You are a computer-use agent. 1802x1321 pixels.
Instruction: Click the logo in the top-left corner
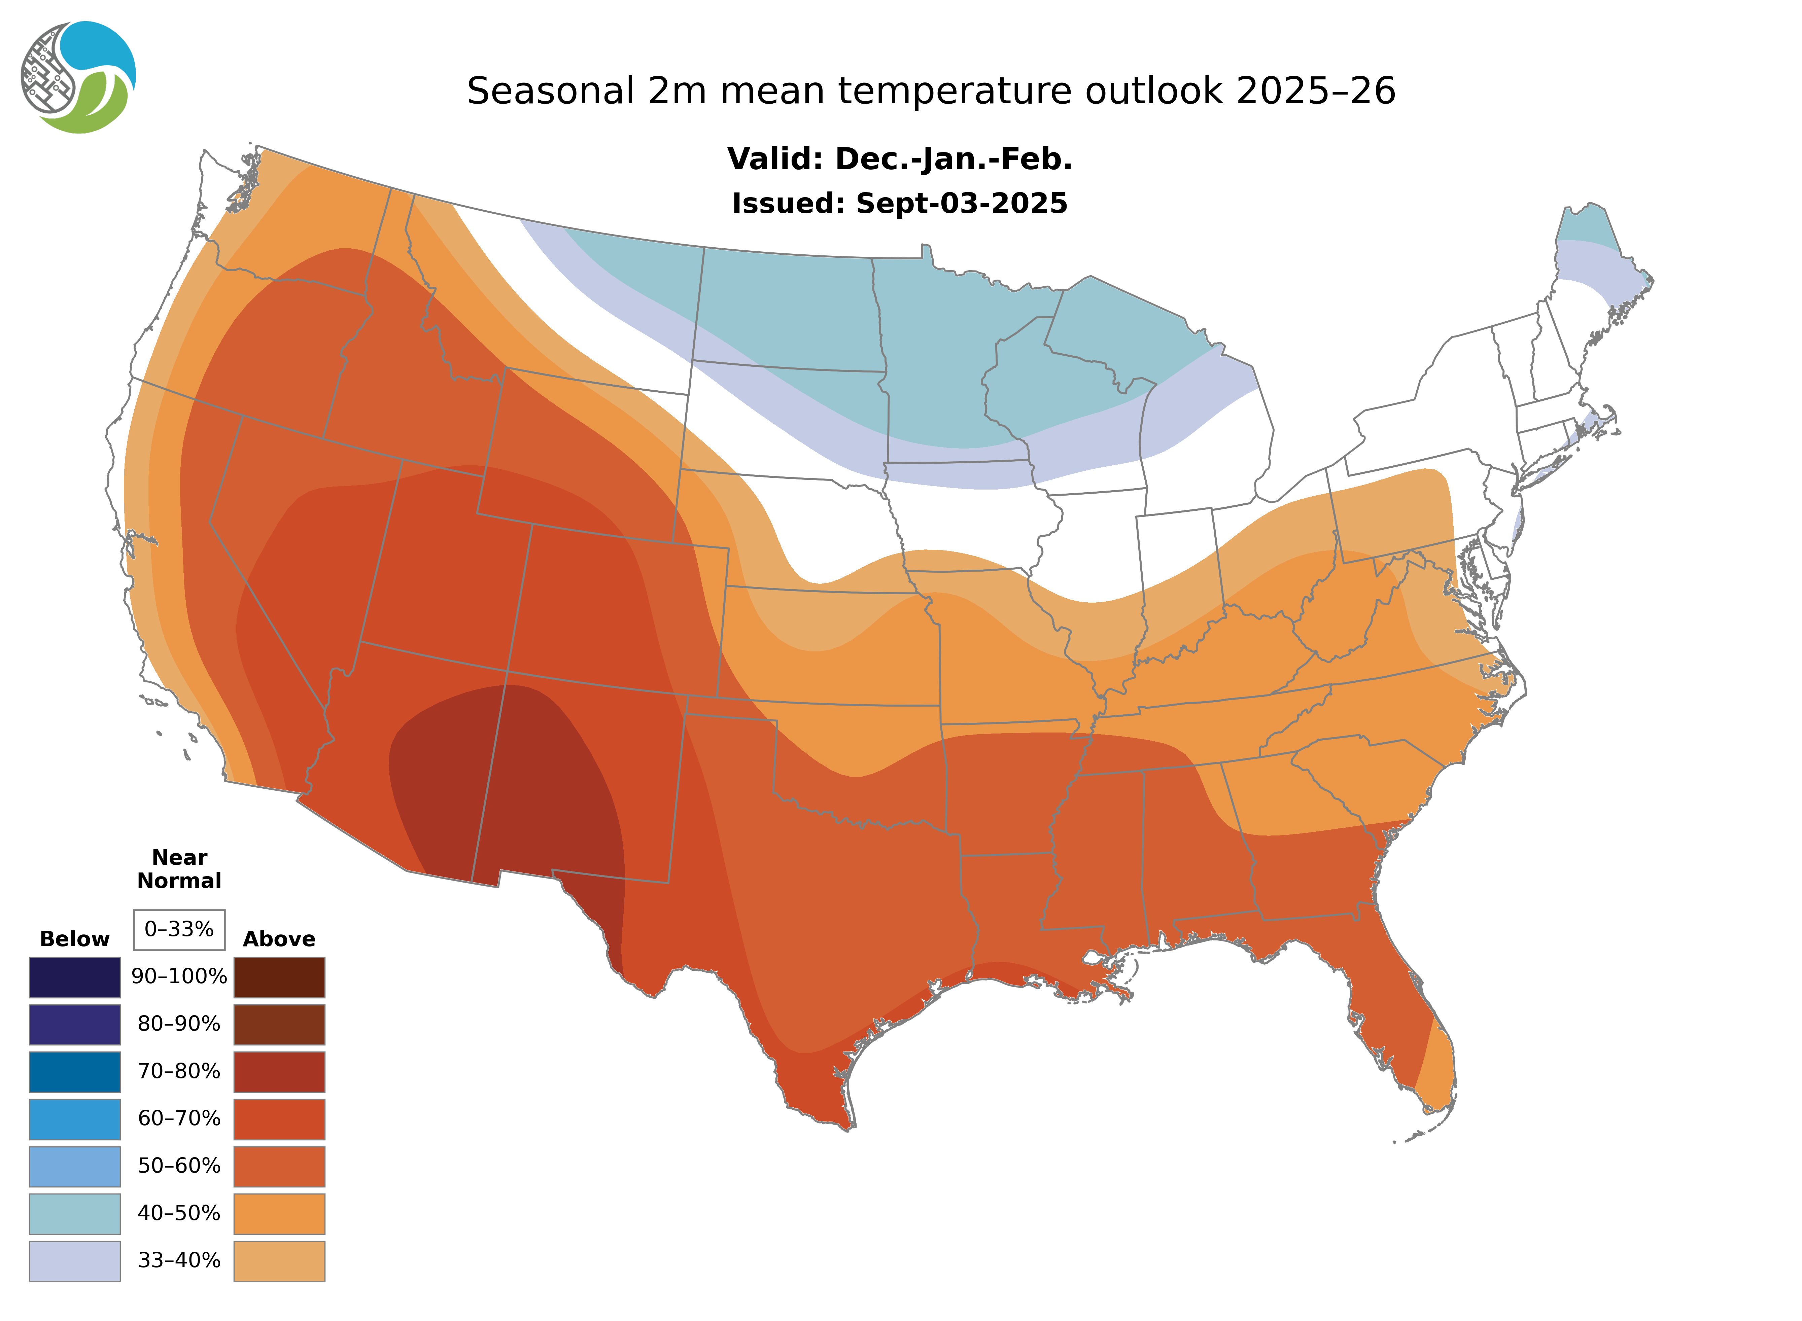pyautogui.click(x=78, y=78)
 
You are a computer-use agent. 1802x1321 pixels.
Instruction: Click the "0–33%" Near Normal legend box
pyautogui.click(x=179, y=929)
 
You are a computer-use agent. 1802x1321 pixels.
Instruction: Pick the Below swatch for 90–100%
pyautogui.click(x=74, y=977)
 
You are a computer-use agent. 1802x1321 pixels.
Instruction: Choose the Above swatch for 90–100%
pyautogui.click(x=279, y=977)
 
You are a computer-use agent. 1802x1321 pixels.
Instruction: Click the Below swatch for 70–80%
pyautogui.click(x=74, y=1072)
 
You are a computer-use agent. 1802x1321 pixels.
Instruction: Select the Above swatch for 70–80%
pyautogui.click(x=279, y=1072)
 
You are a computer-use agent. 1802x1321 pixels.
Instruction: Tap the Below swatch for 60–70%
pyautogui.click(x=74, y=1119)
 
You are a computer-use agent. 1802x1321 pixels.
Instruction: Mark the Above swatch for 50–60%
pyautogui.click(x=279, y=1166)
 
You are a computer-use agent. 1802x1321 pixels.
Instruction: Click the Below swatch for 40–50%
pyautogui.click(x=74, y=1213)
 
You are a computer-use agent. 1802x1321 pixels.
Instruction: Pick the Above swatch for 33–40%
pyautogui.click(x=279, y=1260)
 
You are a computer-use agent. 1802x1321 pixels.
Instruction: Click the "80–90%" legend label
pyautogui.click(x=179, y=1024)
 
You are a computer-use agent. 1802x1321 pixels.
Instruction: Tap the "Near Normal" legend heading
pyautogui.click(x=179, y=869)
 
